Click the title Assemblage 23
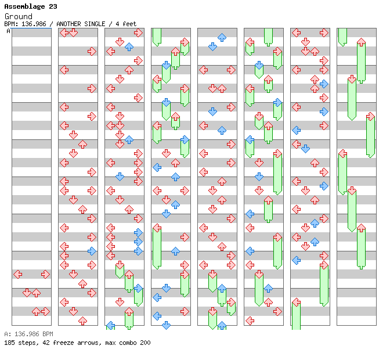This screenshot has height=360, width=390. tap(30, 6)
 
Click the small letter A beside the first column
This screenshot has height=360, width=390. tap(9, 31)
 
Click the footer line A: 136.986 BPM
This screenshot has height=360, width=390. tap(28, 334)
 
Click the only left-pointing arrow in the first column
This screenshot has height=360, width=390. tap(18, 274)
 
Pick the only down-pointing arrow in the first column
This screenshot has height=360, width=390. tap(27, 293)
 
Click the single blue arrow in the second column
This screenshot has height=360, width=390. tap(92, 251)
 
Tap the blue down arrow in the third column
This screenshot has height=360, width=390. tap(120, 177)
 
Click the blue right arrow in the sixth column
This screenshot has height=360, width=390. tap(277, 102)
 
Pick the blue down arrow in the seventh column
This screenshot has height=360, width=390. tap(305, 149)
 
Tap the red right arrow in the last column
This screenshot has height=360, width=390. tap(370, 116)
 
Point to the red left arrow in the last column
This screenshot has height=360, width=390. tap(342, 153)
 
